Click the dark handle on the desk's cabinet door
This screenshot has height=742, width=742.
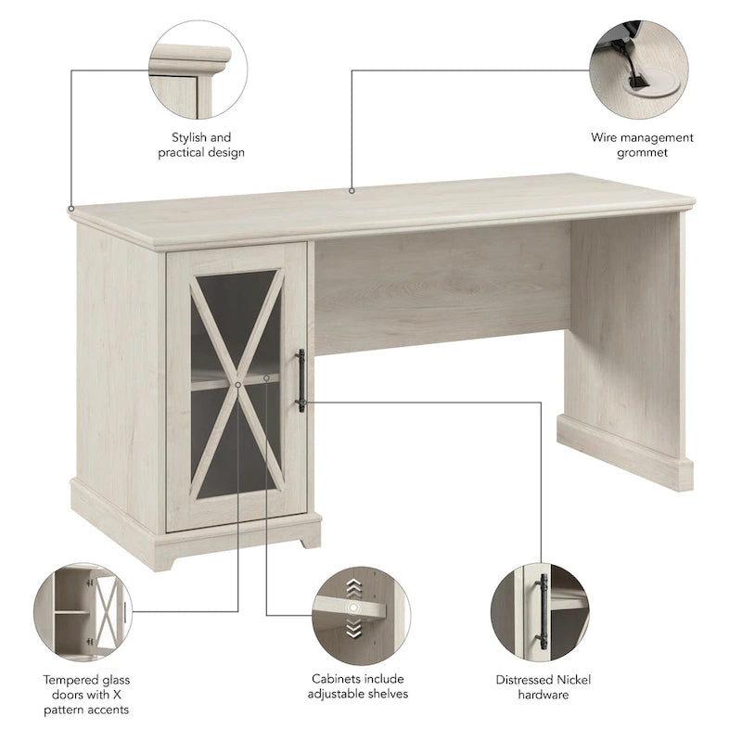tap(301, 379)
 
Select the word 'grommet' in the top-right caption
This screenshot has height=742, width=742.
tap(642, 152)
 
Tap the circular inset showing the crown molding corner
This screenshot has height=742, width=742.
tap(198, 70)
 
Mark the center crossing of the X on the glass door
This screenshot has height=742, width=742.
tap(237, 381)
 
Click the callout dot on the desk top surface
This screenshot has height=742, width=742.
tap(352, 191)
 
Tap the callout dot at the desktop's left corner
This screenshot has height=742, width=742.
tap(71, 209)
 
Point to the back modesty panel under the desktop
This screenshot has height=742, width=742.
tap(441, 288)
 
